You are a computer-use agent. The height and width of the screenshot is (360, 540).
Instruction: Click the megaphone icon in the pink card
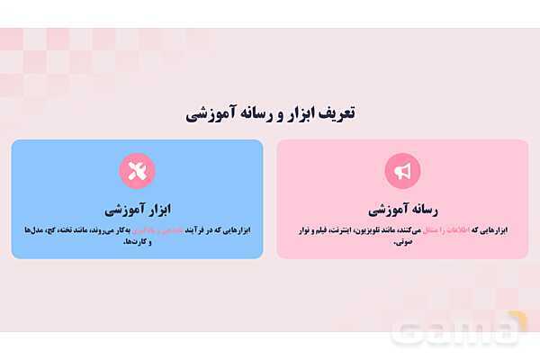tap(402, 171)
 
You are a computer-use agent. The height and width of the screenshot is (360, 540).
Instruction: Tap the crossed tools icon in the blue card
tap(137, 171)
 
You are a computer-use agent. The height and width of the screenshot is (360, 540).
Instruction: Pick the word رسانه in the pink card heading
tap(422, 210)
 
